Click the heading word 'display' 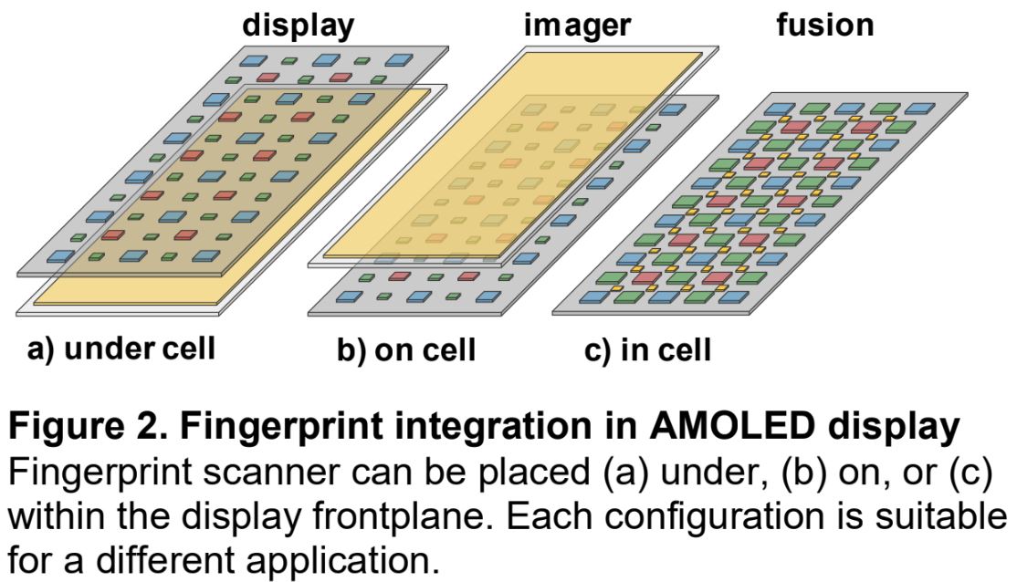pyautogui.click(x=298, y=25)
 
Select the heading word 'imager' pyautogui.click(x=577, y=25)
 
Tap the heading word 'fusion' pyautogui.click(x=824, y=25)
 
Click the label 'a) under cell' pyautogui.click(x=121, y=348)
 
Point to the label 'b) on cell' pyautogui.click(x=406, y=349)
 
